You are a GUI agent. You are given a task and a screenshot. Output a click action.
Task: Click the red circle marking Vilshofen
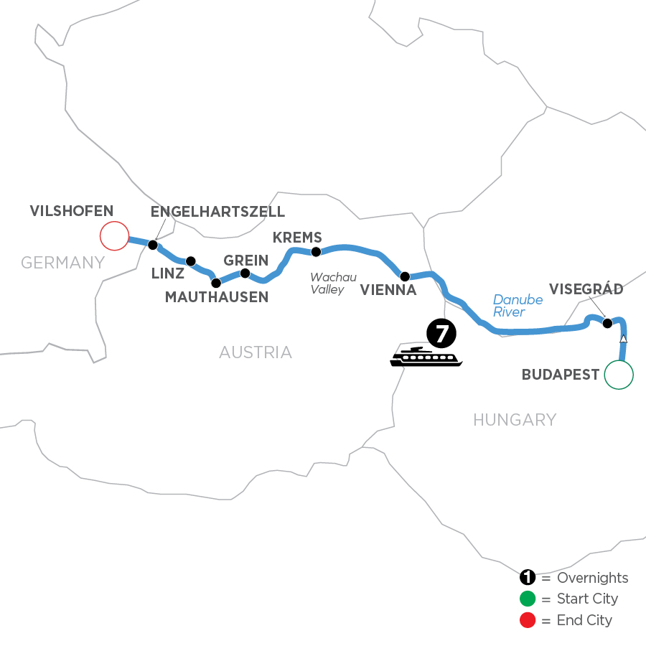point(113,235)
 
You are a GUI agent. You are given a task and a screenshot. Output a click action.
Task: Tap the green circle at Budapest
point(619,374)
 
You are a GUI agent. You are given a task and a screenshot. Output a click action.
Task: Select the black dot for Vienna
point(405,276)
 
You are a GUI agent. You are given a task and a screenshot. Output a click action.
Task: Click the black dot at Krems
point(315,252)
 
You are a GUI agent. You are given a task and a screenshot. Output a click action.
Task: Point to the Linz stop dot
point(191,261)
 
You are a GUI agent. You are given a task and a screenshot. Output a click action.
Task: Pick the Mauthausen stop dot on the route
point(216,283)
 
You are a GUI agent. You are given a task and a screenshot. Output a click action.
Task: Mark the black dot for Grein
point(245,273)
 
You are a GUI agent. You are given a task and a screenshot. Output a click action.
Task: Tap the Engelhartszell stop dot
point(152,245)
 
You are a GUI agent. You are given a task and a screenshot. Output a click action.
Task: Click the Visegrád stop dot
point(607,323)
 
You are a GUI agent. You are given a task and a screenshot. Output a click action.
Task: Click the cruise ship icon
point(426,357)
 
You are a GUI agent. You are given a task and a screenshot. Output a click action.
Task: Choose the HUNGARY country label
point(515,420)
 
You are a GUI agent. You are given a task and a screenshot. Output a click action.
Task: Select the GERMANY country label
point(63,263)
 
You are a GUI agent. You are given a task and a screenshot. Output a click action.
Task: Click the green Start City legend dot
point(528,599)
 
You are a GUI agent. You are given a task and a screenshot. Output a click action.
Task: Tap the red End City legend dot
point(528,619)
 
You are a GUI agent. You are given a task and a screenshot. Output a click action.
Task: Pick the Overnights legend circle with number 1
point(528,578)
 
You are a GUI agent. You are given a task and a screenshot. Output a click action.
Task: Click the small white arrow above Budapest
point(624,339)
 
